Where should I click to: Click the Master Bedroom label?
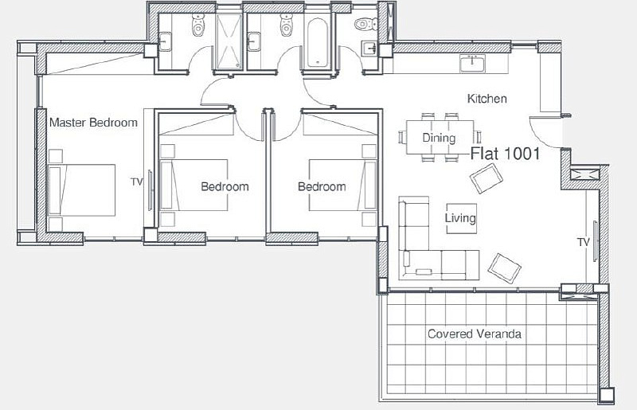(93, 123)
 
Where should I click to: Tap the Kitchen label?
(487, 99)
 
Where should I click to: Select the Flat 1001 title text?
(506, 154)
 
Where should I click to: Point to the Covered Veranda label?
(475, 334)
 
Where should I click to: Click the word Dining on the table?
(439, 138)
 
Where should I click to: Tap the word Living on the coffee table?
(460, 218)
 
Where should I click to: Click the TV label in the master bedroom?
(137, 182)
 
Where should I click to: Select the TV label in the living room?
(584, 243)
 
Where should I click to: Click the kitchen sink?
(472, 64)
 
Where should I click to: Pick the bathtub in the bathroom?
(317, 42)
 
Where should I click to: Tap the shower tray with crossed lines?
(229, 41)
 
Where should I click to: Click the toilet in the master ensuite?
(197, 25)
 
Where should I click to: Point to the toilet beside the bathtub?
(286, 25)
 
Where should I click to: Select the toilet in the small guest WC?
(366, 25)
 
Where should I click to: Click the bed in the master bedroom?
(82, 189)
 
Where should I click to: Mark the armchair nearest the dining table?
(487, 178)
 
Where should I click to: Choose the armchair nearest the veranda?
(504, 268)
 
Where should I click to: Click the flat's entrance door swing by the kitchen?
(545, 133)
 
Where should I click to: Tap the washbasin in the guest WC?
(370, 49)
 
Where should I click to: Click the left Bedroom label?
(225, 187)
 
